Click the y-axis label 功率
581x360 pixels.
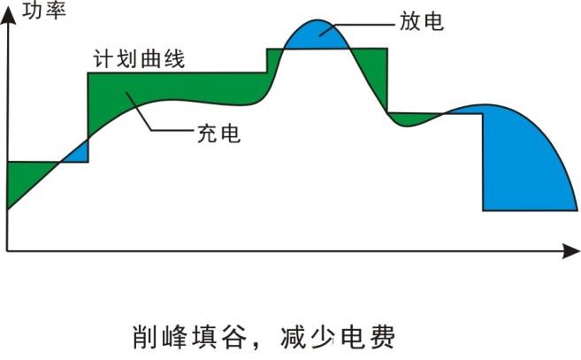[x=44, y=11]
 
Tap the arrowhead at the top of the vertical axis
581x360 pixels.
[x=8, y=16]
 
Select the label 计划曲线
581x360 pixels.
[x=139, y=59]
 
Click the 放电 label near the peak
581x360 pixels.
[x=421, y=21]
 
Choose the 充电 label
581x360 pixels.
[x=218, y=134]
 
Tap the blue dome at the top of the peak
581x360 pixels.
[x=317, y=35]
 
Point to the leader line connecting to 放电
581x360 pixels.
[x=357, y=26]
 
